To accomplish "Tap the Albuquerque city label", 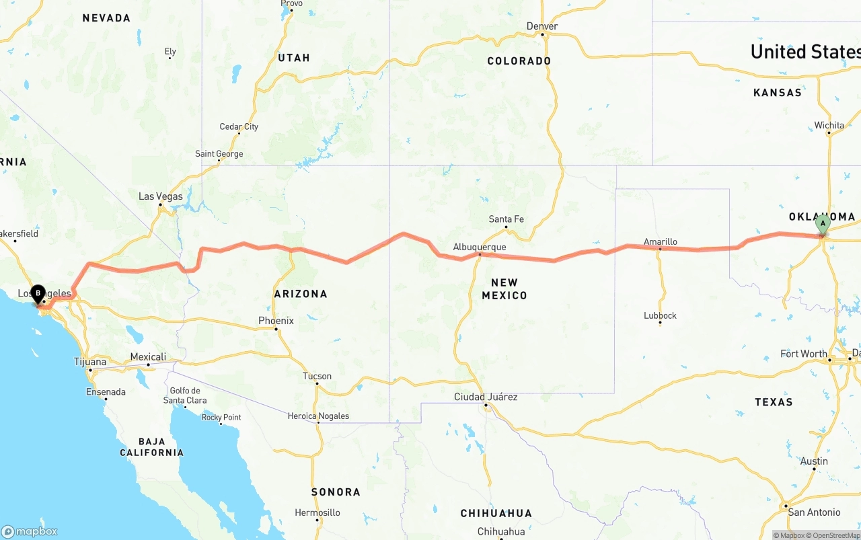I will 479,247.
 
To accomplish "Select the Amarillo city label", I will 660,241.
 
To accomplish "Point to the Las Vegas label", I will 160,196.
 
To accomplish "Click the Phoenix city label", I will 276,321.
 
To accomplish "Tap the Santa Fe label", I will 506,219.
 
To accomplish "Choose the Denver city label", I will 542,26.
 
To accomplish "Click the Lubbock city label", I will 660,315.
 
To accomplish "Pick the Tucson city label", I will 317,376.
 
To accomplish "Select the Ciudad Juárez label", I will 486,397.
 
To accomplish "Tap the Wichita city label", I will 829,125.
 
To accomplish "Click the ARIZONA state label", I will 301,294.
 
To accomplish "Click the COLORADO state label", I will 519,61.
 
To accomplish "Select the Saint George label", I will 219,154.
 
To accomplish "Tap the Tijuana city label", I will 90,362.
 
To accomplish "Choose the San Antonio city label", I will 814,512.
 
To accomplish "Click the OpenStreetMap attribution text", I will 835,535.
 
